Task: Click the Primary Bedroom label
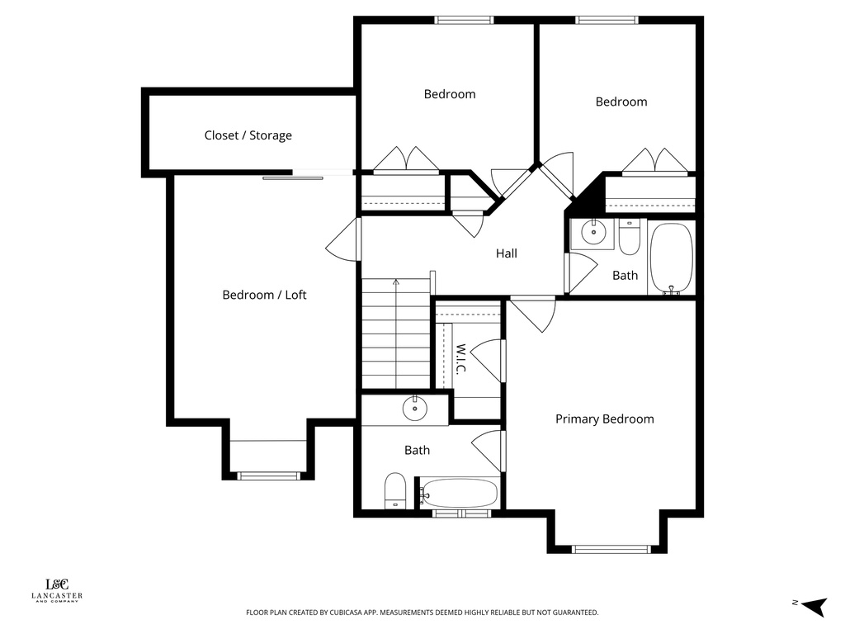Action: pyautogui.click(x=604, y=419)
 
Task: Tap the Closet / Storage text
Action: pyautogui.click(x=248, y=135)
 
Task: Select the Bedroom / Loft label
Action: pyautogui.click(x=264, y=295)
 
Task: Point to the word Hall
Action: pyautogui.click(x=506, y=253)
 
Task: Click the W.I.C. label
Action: pyautogui.click(x=461, y=357)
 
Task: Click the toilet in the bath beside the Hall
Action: pyautogui.click(x=629, y=237)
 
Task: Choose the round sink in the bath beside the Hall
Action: pyautogui.click(x=592, y=233)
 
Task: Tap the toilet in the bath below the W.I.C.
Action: pyautogui.click(x=395, y=490)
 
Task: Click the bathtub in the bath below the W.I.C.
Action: pyautogui.click(x=459, y=494)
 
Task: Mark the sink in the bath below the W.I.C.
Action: pyautogui.click(x=412, y=408)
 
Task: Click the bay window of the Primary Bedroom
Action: pyautogui.click(x=606, y=548)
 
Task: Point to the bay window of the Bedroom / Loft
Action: pyautogui.click(x=268, y=475)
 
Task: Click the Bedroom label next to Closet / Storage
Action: pyautogui.click(x=449, y=94)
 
